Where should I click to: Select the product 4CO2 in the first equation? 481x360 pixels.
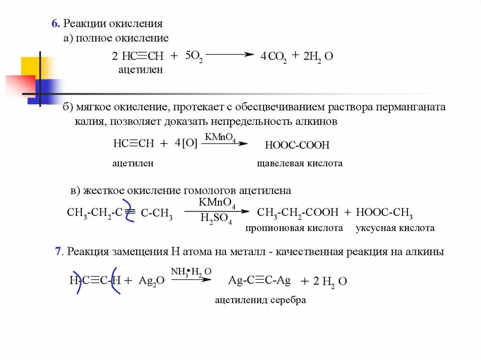273,57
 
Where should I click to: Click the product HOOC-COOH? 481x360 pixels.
297,145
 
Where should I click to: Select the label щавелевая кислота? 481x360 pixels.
300,163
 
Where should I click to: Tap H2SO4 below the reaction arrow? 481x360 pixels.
216,219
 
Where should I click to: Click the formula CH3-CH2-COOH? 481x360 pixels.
298,213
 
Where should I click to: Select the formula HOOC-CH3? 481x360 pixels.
384,213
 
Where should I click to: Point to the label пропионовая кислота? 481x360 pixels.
294,228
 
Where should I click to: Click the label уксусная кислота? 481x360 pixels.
395,228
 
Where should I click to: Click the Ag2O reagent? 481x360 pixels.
151,281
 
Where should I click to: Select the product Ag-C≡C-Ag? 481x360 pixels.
259,280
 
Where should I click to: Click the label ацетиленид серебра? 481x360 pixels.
260,300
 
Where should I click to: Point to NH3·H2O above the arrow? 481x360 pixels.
191,271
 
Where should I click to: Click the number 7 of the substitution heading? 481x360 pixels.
58,252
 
